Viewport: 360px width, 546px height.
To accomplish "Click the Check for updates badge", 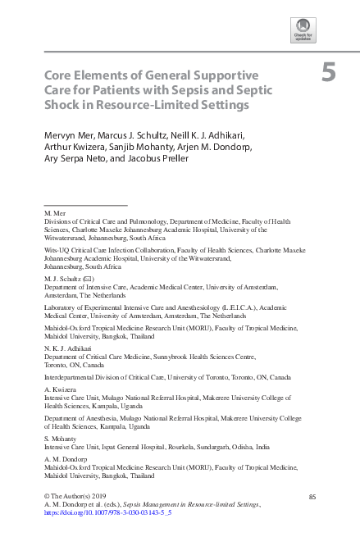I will tap(303, 31).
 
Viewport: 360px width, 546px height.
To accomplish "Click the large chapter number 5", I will tap(328, 74).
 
